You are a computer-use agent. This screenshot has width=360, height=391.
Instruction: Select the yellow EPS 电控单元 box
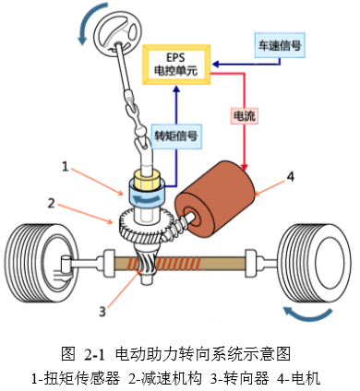176,65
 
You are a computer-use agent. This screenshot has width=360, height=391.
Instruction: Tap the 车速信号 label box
280,45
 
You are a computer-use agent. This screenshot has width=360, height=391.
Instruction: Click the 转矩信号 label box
176,136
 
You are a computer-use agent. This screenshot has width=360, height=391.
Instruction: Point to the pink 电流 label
244,116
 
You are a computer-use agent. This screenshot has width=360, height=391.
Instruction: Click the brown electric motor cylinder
215,199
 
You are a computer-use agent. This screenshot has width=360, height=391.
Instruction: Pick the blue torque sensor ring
147,196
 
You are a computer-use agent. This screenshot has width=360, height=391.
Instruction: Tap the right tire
314,263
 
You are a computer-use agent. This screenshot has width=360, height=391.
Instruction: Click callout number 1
66,167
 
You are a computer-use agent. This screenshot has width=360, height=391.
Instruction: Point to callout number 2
51,203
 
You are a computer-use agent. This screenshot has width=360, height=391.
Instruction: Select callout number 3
102,312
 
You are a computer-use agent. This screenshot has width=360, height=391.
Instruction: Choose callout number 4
290,177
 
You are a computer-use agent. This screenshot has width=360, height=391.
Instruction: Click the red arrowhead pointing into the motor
245,168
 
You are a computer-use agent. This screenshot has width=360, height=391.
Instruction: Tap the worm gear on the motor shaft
178,227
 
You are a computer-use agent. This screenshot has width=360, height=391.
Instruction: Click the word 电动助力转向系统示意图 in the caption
203,354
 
